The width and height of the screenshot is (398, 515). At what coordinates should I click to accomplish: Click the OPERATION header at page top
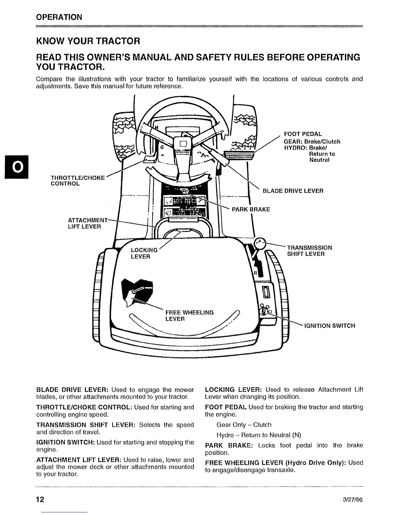click(59, 17)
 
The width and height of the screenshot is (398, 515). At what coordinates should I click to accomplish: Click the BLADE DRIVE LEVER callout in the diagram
click(293, 191)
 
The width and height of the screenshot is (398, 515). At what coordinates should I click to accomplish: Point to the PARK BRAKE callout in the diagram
click(251, 209)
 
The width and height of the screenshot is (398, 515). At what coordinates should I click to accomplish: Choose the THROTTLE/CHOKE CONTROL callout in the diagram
click(78, 180)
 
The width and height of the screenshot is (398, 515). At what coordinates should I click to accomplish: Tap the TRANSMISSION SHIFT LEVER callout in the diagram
click(309, 251)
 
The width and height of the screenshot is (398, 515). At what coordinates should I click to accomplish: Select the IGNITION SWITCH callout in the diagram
click(329, 325)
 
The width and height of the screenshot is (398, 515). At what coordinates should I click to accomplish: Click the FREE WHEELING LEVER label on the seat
click(189, 316)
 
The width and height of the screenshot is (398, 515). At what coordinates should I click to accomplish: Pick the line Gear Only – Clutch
click(244, 425)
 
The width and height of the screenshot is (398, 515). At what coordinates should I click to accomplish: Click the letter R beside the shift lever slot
click(256, 273)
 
